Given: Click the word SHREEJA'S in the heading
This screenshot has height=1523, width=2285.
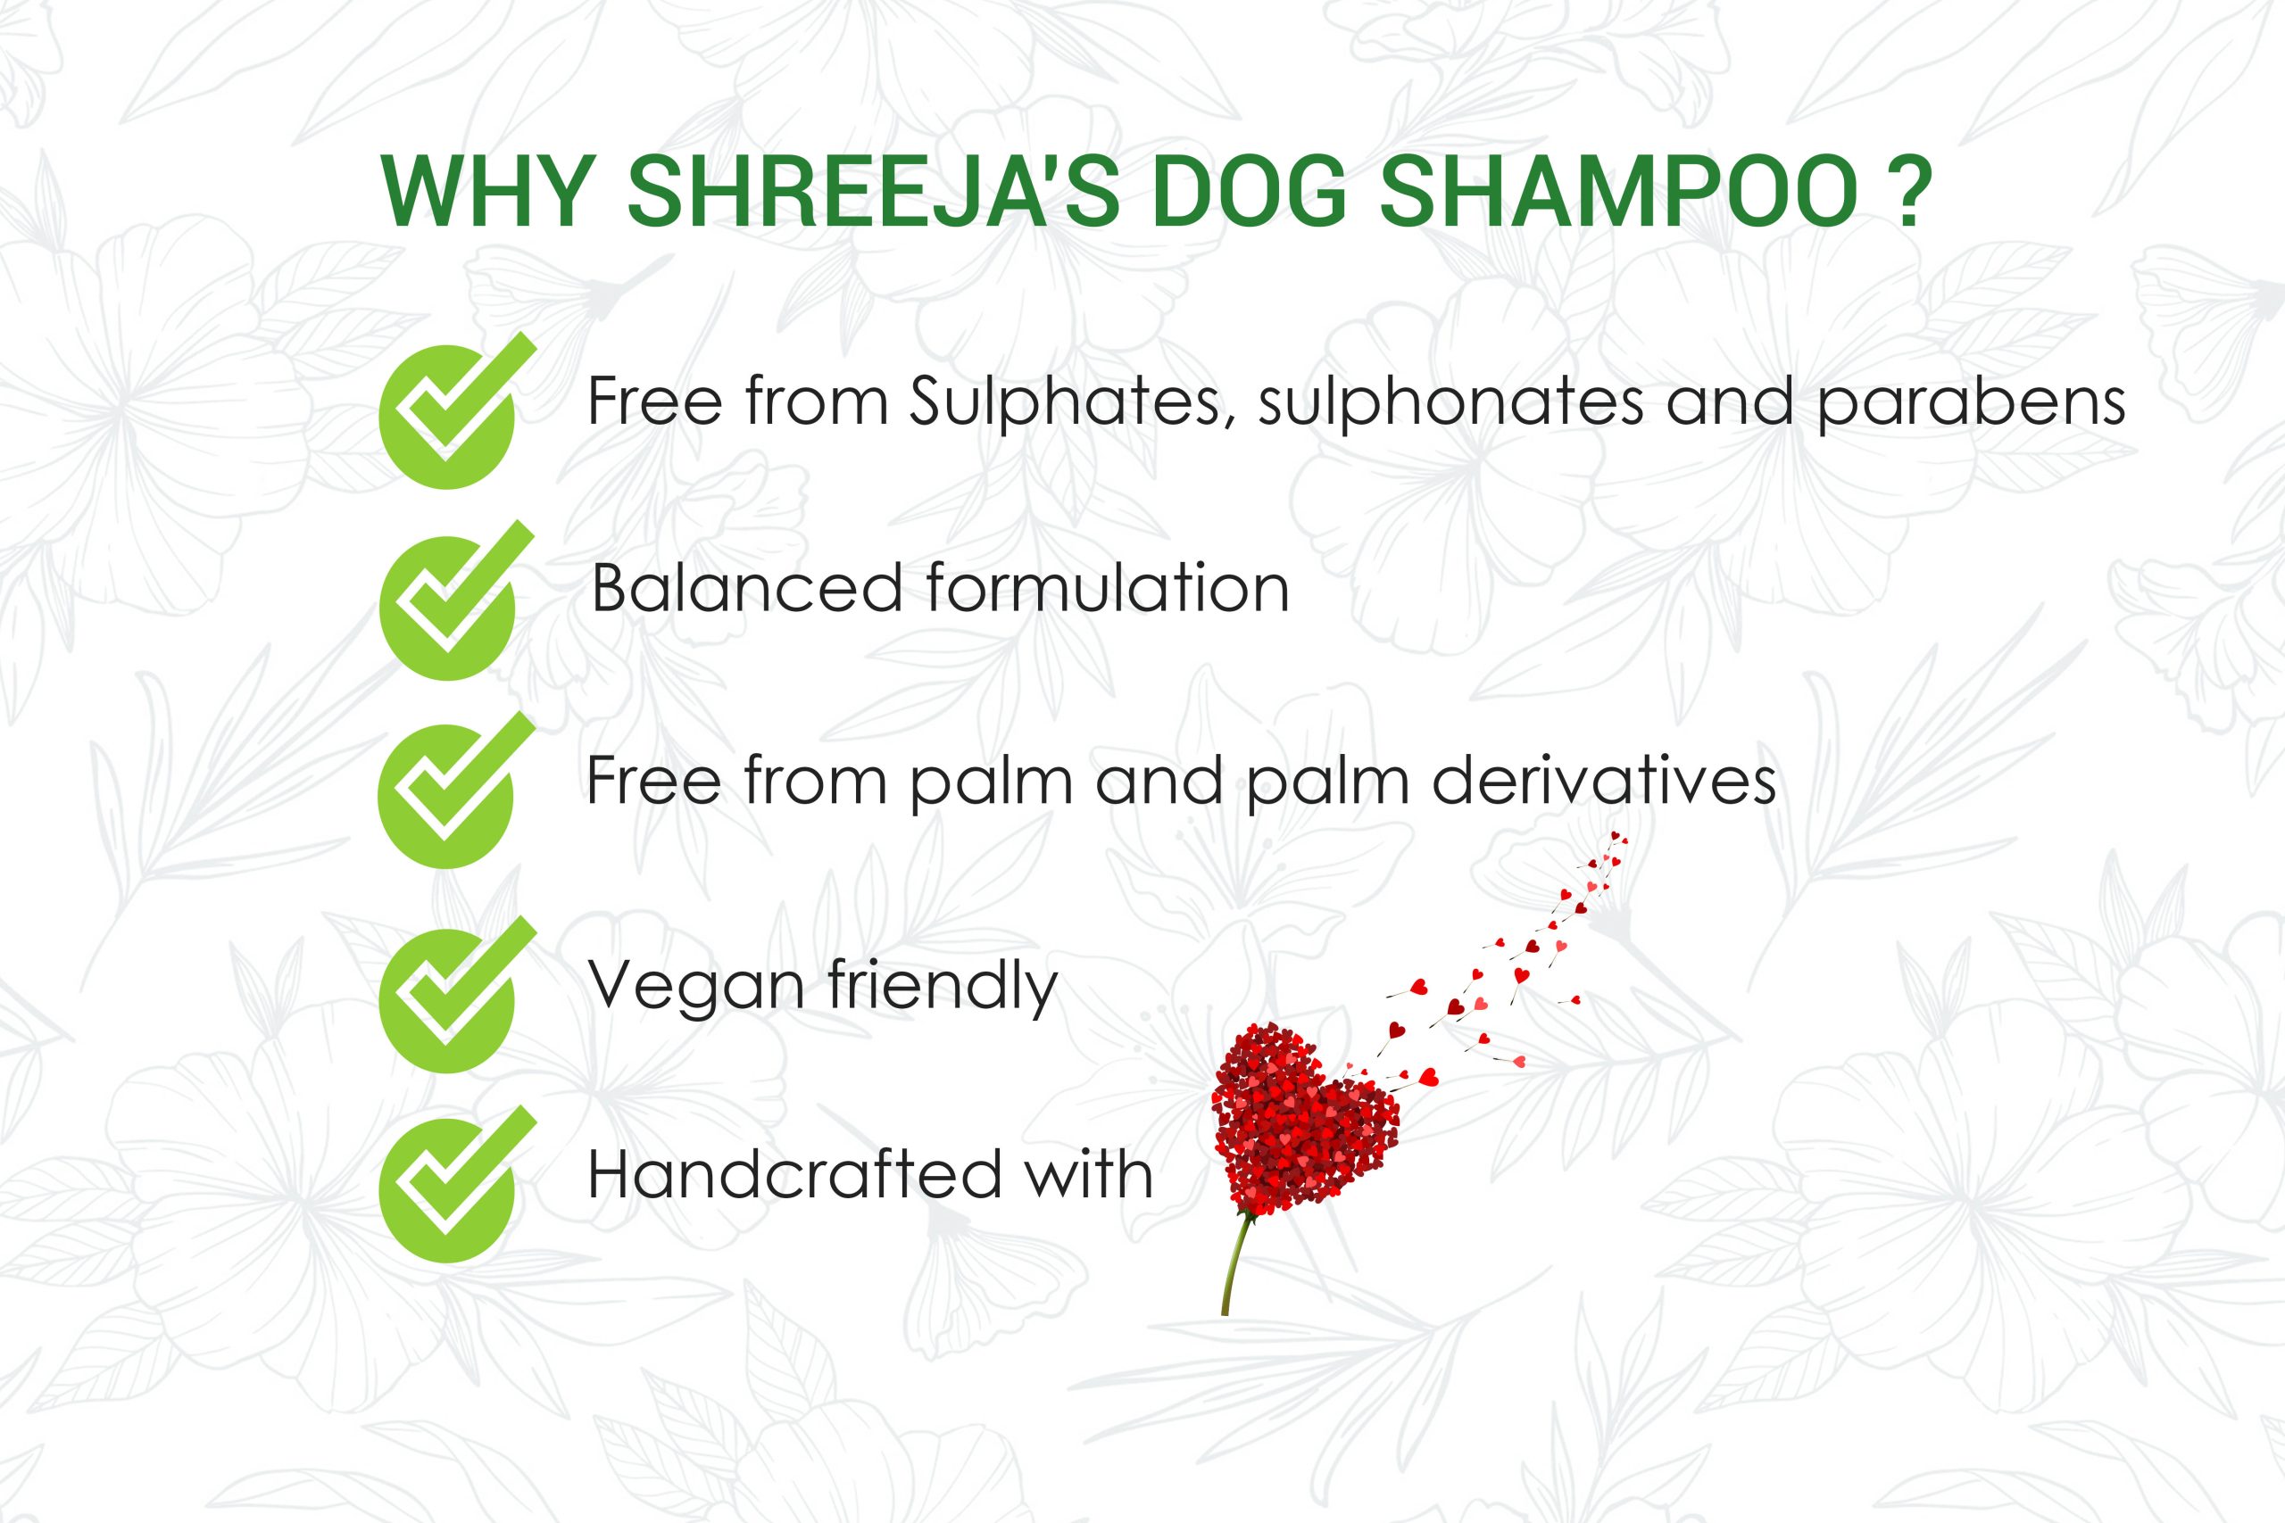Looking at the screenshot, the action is [x=874, y=190].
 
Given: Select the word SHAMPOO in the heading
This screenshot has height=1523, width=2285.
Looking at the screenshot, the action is [x=1618, y=190].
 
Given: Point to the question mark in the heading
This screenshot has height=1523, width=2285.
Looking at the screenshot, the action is [x=1910, y=190].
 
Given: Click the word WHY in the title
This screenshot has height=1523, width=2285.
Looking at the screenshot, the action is [x=488, y=190].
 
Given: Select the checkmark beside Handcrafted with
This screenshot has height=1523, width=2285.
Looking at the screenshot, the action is [x=457, y=1184].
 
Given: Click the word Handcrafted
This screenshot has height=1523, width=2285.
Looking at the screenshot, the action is [x=794, y=1174].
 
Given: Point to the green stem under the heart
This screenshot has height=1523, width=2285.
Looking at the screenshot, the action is [x=1234, y=1262].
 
